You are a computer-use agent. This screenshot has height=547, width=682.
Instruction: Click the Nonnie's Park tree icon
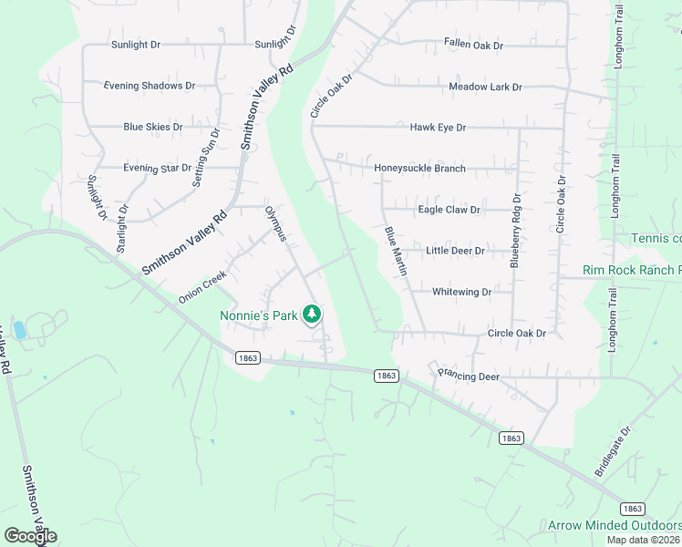coord(312,315)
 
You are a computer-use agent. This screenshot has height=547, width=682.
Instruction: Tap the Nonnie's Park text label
coord(259,315)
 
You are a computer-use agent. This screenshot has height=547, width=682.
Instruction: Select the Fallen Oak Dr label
coord(473,44)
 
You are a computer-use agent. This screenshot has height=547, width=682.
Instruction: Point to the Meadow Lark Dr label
coord(485,87)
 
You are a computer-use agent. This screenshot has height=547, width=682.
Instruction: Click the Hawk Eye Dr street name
coord(438,128)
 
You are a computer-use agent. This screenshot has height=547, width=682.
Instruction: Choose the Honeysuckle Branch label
coord(419,168)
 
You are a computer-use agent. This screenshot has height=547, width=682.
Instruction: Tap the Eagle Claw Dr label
coord(449,210)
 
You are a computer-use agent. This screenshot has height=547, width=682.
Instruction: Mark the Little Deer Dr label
coord(455,251)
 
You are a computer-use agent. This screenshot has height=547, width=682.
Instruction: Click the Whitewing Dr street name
coord(461,292)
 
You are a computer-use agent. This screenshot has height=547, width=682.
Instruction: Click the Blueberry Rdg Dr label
coord(516,229)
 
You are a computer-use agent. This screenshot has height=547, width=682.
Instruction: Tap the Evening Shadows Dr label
coord(150,86)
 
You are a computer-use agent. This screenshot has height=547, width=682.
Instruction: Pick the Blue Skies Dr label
coord(153,127)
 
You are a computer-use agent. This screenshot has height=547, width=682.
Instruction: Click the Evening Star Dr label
coord(158,168)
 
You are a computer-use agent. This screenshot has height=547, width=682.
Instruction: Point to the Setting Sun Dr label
coord(206,158)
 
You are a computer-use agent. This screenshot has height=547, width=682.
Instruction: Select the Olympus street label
coord(275,224)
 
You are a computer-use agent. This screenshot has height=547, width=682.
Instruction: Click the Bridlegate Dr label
coord(613,449)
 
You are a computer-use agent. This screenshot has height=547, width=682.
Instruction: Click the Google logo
coord(31,535)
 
